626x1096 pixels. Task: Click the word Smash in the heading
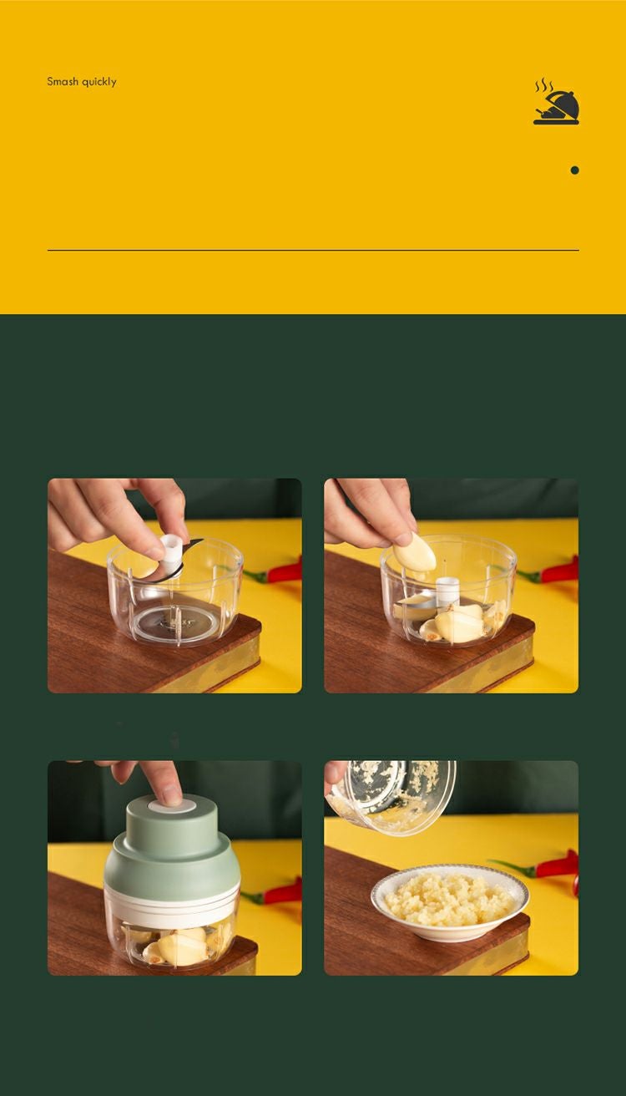tap(63, 81)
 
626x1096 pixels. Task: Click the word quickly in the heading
tap(99, 82)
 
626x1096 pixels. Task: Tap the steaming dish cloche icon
tap(556, 102)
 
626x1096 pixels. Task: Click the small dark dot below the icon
tap(574, 170)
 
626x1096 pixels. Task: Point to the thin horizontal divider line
tap(313, 250)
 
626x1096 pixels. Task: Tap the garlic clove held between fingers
tap(415, 553)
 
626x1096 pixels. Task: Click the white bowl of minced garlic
tap(450, 901)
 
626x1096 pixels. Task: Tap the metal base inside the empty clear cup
tap(174, 624)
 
